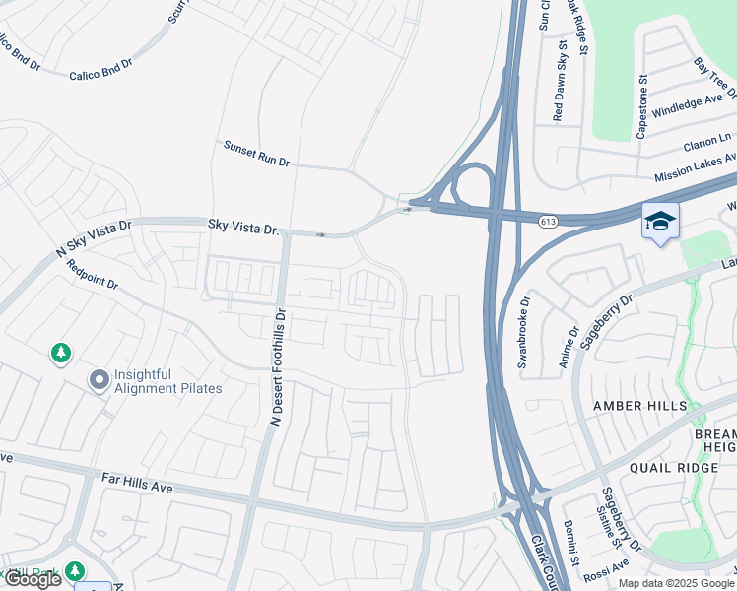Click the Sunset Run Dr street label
point(256,153)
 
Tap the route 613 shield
point(548,222)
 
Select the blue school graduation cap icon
point(659,221)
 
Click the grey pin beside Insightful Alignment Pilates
point(99,380)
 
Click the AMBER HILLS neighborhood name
point(638,406)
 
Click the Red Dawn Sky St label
point(558,81)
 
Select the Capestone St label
point(641,102)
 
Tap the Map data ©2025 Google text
point(675,583)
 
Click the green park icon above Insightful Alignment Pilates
point(61,352)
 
